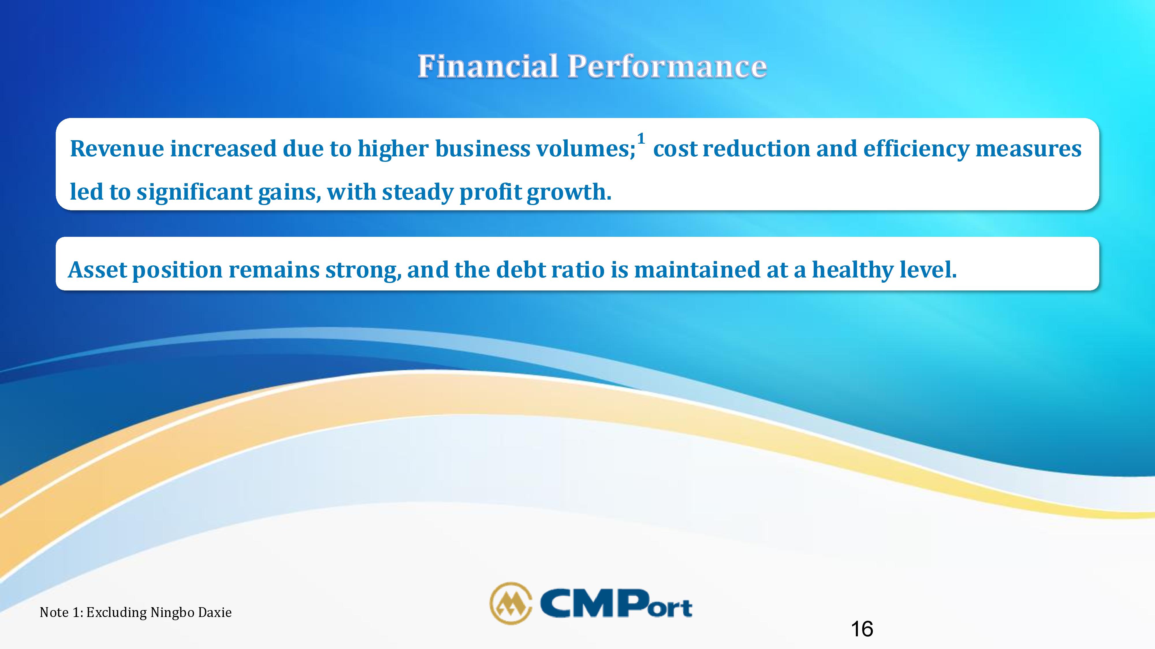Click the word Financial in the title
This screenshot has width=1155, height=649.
coord(488,66)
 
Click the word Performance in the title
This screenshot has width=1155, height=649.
coord(668,66)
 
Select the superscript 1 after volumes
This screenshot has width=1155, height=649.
coord(641,138)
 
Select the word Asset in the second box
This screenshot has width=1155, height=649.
coord(98,270)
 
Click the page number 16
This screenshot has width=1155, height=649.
coord(862,629)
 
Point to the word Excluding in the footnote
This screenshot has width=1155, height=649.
coord(117,613)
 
